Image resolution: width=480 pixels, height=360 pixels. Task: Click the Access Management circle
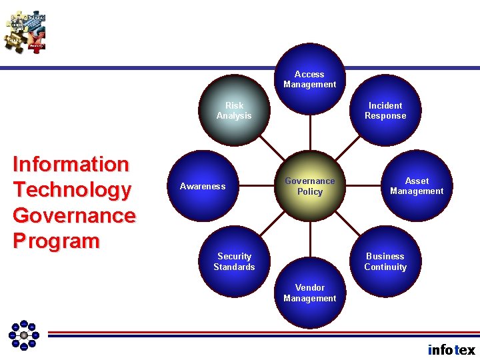tap(309, 79)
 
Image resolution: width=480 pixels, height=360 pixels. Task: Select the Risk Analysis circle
tap(234, 111)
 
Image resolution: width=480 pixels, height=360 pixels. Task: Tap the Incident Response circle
tap(385, 111)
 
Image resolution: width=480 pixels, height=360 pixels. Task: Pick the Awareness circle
tap(203, 186)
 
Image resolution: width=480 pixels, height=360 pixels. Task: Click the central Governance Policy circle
tap(309, 186)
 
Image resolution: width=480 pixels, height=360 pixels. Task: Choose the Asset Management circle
tap(417, 186)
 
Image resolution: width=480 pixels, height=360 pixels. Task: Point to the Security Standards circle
tap(234, 261)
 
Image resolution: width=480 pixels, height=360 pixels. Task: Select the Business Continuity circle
tap(385, 261)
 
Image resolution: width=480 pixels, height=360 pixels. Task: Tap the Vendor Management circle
tap(309, 293)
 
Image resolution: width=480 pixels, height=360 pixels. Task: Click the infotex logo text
tap(451, 349)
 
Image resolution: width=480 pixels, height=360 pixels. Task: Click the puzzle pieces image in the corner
tap(25, 32)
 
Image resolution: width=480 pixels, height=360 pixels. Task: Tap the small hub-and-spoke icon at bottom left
tap(24, 335)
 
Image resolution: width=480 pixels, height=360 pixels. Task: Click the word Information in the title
tap(71, 164)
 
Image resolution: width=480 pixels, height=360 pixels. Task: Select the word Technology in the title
tap(72, 190)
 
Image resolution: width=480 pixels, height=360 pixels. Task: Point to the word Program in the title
tap(56, 241)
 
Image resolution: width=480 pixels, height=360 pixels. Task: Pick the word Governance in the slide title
tap(74, 215)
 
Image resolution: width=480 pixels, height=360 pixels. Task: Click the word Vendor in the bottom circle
tap(309, 288)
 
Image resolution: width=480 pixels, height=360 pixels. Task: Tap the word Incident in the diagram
tap(385, 105)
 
